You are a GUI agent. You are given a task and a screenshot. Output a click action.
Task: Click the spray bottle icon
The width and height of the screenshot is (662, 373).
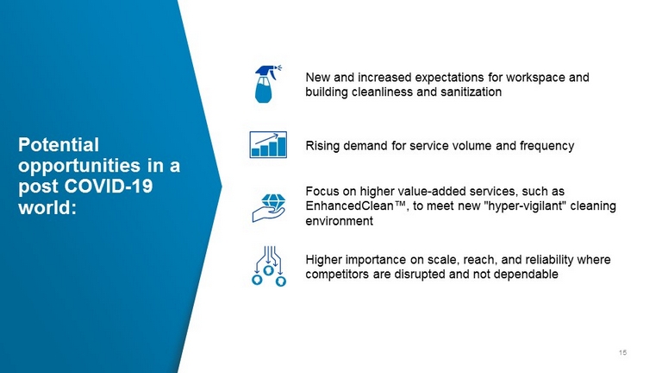[x=267, y=84]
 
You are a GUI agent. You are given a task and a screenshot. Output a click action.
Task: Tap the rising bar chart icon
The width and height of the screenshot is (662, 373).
[x=268, y=145]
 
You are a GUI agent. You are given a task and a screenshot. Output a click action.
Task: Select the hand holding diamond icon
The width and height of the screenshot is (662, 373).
[x=269, y=208]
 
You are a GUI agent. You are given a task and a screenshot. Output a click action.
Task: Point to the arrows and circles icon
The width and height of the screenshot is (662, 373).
[x=269, y=266]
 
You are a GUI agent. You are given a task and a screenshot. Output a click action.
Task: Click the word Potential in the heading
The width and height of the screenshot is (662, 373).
[x=59, y=145]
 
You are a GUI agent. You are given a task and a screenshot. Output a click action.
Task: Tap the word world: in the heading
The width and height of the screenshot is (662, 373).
[x=47, y=207]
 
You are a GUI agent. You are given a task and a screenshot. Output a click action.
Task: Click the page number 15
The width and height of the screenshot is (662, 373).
[x=622, y=352]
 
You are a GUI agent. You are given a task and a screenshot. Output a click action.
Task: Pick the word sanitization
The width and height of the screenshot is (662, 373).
[x=472, y=92]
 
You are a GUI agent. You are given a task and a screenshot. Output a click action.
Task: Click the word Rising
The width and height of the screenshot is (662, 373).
[x=322, y=146]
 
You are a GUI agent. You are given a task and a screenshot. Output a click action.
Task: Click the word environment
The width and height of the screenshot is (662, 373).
[x=340, y=221]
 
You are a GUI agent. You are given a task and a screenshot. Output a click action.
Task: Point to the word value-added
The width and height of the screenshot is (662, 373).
[x=433, y=191]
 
